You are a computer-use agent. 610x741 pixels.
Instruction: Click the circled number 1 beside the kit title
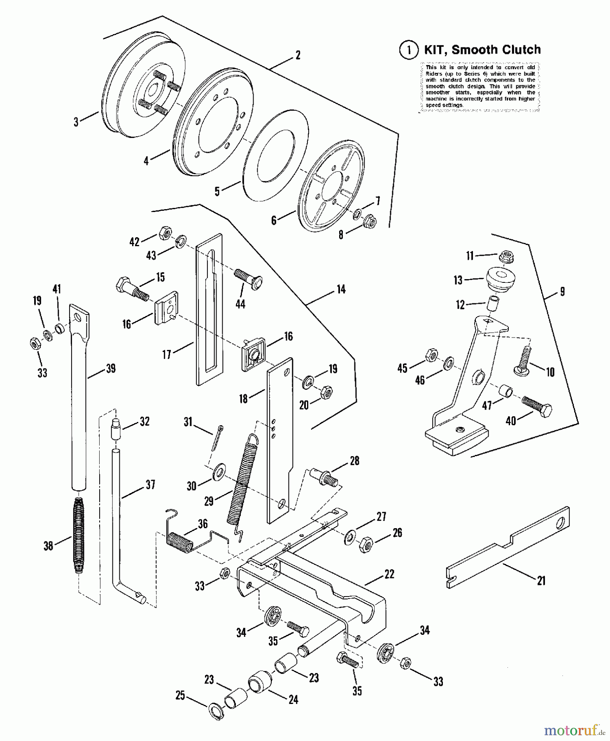408,50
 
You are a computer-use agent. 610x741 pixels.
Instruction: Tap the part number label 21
541,580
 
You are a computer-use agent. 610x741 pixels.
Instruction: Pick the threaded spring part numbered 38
78,535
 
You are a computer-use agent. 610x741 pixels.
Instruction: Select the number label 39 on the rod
110,369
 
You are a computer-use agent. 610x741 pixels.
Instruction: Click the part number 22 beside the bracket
389,574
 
